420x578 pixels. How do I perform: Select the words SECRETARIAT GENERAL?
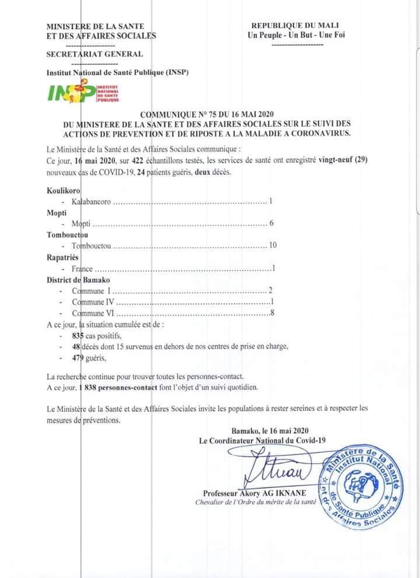(94, 54)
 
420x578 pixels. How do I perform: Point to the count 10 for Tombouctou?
(272, 245)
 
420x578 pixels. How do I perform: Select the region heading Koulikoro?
(64, 191)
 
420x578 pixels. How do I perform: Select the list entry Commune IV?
(92, 303)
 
